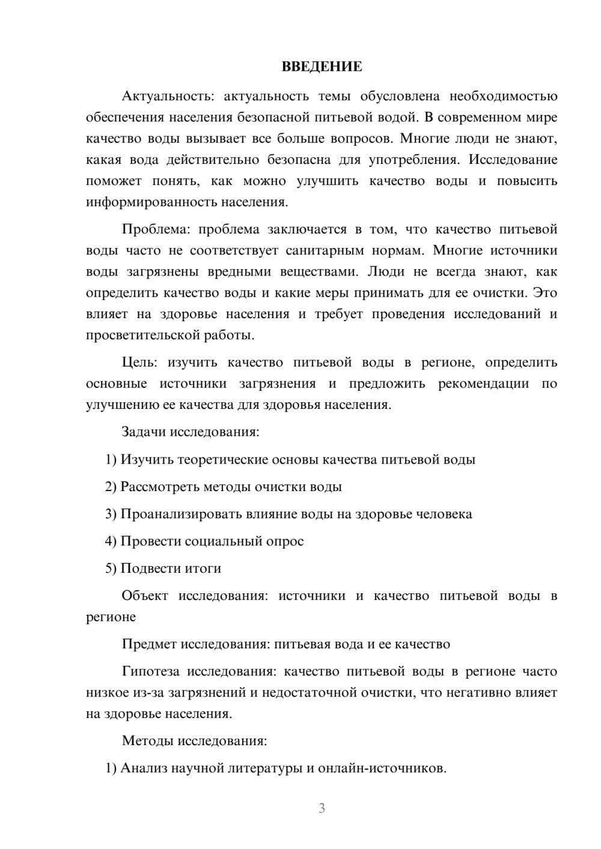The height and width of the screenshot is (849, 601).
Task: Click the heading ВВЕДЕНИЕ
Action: [322, 67]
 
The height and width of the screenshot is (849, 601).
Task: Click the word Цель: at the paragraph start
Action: [140, 363]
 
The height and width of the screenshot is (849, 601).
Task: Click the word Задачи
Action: [144, 432]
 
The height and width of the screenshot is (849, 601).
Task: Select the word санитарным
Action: [325, 250]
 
